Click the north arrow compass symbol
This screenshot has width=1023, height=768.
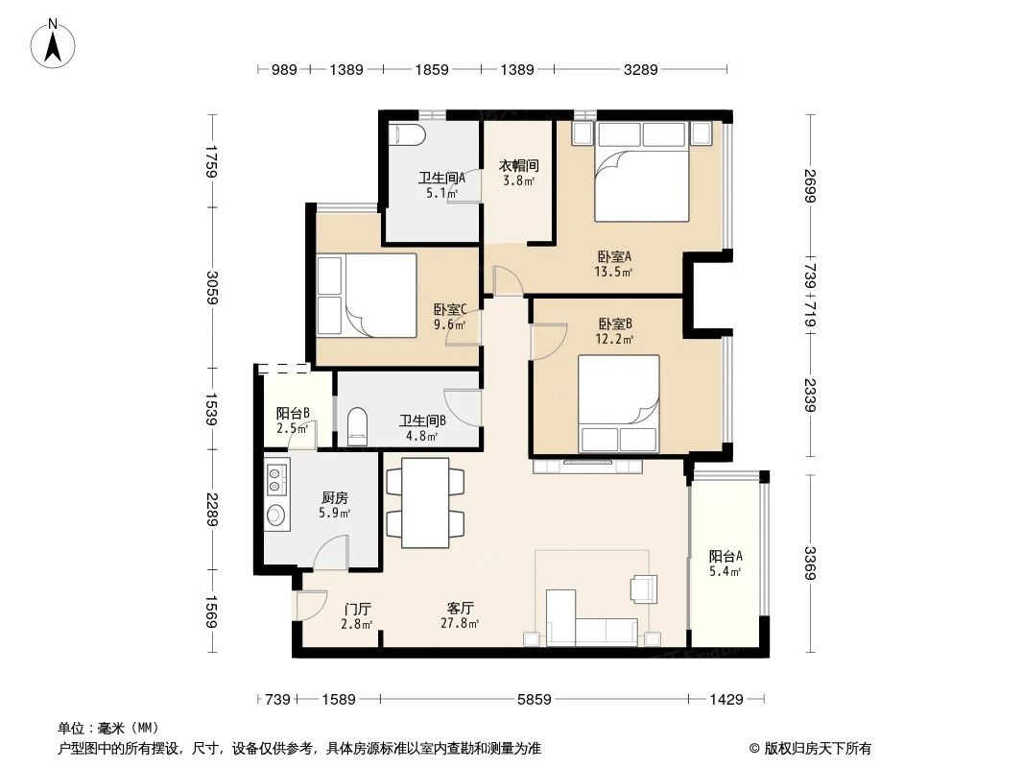click(55, 43)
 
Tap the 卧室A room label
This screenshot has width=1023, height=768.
click(613, 256)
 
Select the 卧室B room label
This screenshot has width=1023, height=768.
click(615, 324)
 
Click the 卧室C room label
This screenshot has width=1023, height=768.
click(449, 309)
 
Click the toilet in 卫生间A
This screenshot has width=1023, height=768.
click(406, 134)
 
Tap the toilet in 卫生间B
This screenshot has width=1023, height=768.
click(356, 425)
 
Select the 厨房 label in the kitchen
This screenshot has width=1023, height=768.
click(334, 498)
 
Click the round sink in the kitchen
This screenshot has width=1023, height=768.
click(276, 516)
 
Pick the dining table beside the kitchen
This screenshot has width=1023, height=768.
click(425, 502)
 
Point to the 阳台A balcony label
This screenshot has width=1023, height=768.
click(726, 556)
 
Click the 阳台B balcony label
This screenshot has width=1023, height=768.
click(293, 414)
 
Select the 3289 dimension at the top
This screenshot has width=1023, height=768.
click(640, 69)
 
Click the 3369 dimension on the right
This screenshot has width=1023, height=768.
click(811, 564)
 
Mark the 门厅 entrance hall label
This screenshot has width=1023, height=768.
click(358, 609)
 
